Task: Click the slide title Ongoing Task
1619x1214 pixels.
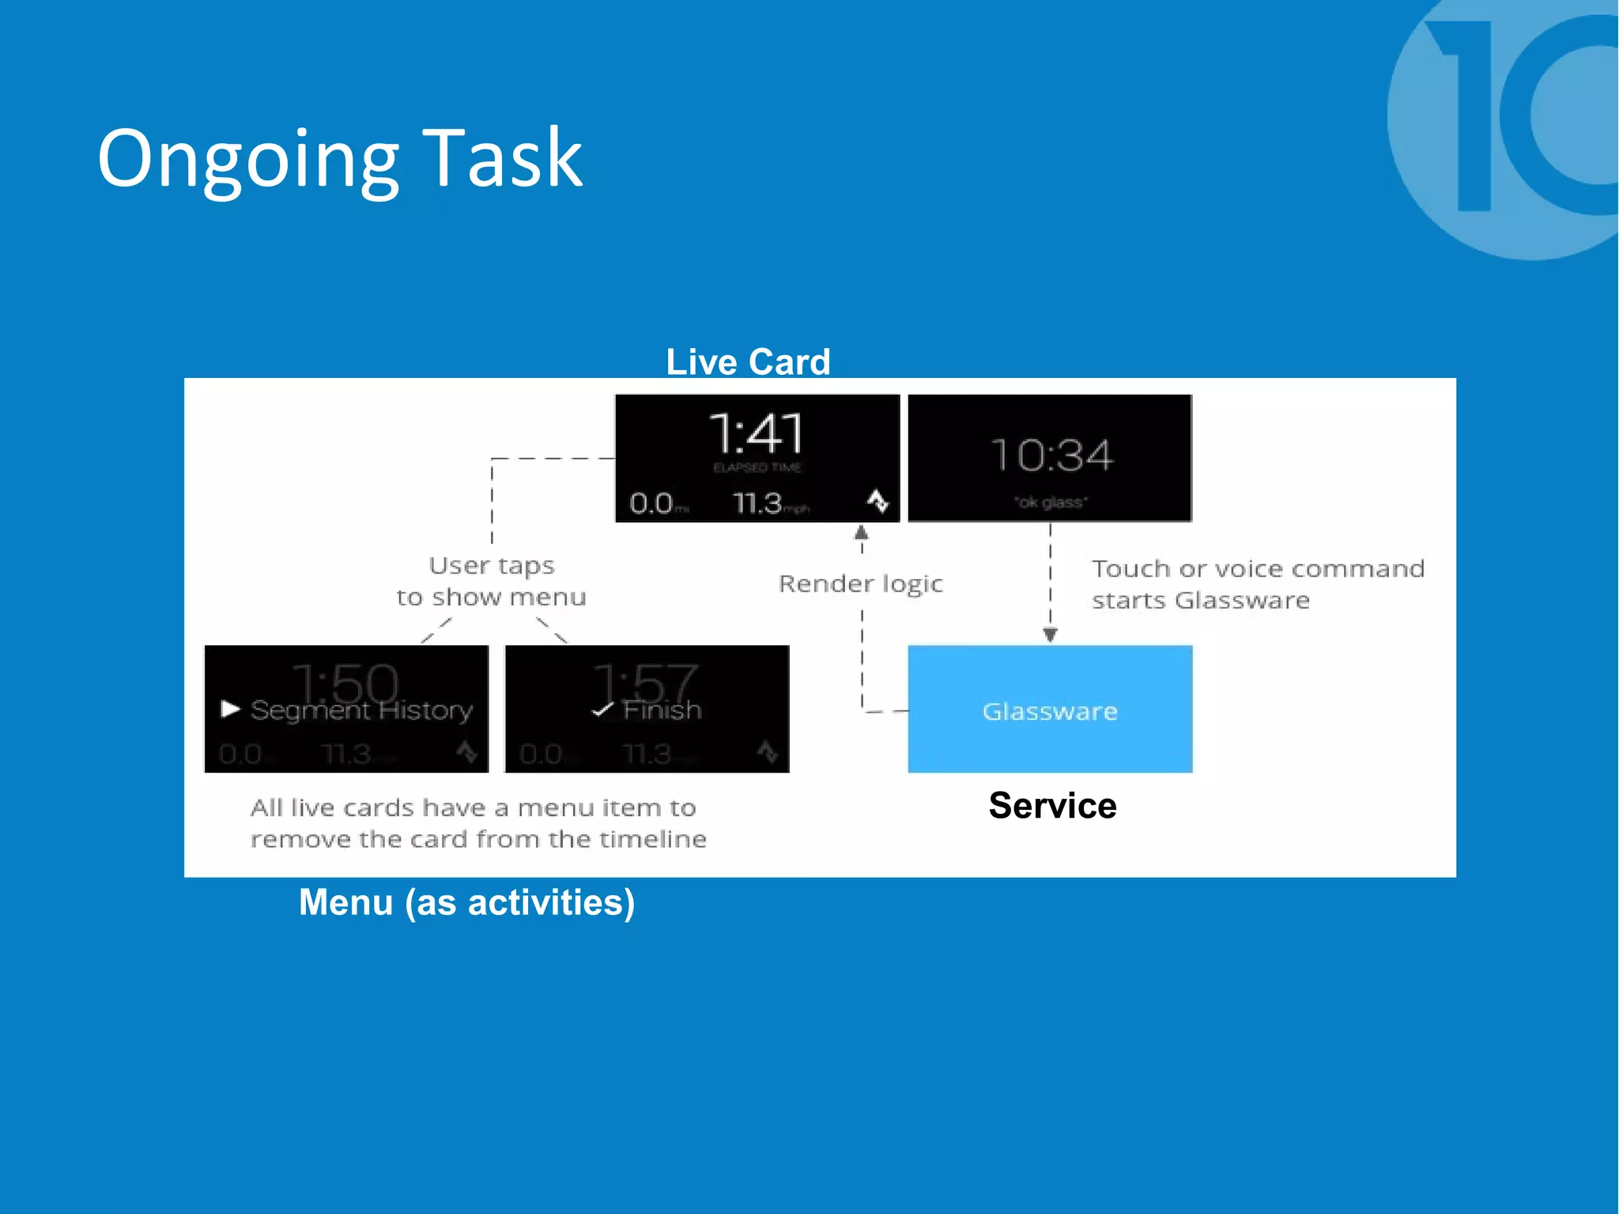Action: tap(340, 160)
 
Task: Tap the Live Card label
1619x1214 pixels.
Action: tap(748, 362)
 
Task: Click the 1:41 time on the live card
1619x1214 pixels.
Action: tap(757, 434)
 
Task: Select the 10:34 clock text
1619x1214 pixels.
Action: tap(1051, 456)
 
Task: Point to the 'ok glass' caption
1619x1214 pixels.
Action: tap(1051, 502)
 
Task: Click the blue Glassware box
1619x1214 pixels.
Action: tap(1050, 709)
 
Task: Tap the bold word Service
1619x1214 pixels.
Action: tap(1052, 806)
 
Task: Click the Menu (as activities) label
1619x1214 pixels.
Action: tap(466, 902)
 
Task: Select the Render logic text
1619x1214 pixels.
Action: tap(861, 584)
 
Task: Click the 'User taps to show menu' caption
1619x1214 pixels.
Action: tap(492, 581)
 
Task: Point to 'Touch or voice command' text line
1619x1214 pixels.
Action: tap(1258, 569)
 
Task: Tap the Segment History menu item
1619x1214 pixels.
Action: tap(361, 710)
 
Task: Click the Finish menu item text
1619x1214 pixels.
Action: tap(662, 710)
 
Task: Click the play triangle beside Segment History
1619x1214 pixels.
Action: tap(230, 709)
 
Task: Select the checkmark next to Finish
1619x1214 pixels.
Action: tap(602, 709)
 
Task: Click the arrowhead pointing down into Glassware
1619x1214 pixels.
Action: tap(1050, 634)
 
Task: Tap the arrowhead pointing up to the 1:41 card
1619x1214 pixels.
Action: tap(862, 533)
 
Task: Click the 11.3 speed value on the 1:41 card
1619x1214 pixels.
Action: tap(757, 503)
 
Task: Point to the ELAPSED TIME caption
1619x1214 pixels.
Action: tap(757, 468)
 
